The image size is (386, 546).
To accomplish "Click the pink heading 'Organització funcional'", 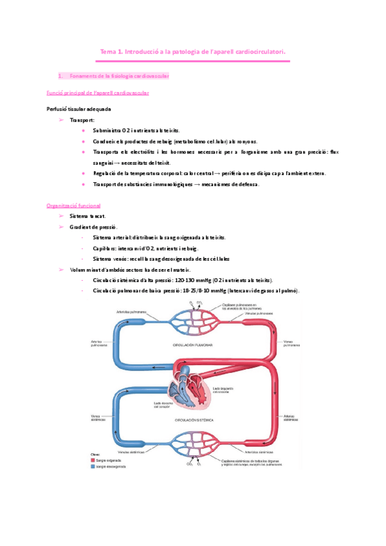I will coord(73,205).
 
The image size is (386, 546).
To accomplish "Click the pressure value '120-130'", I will coord(187,281).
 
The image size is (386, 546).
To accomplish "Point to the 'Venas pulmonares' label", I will coord(291,343).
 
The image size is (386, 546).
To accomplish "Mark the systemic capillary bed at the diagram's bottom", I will coord(194,444).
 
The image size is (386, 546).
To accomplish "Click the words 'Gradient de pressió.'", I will coord(93,227).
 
